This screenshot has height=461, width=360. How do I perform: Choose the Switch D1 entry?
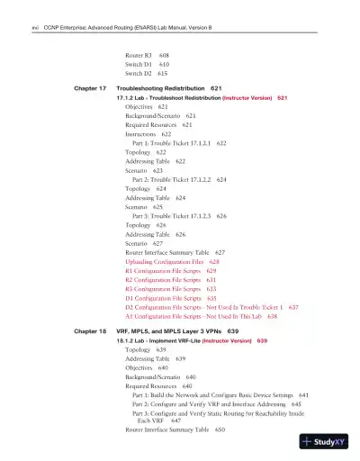coord(141,65)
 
